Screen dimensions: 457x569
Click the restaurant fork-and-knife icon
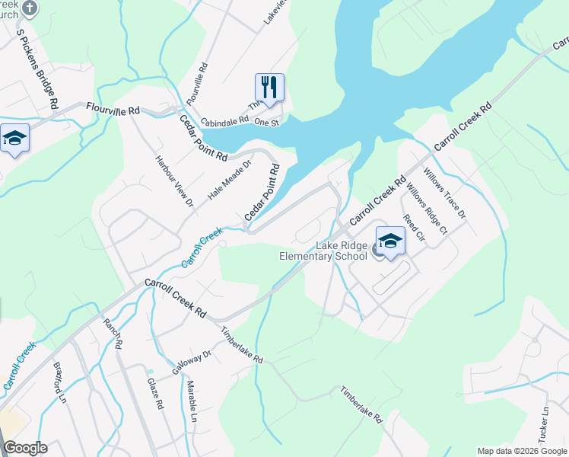coord(269,88)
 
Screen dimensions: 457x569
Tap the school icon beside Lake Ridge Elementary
coord(390,241)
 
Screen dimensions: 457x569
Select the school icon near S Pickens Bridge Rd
coord(14,139)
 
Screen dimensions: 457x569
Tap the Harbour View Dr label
coord(175,181)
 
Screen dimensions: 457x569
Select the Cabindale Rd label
coord(224,120)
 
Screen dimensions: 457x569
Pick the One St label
coord(267,122)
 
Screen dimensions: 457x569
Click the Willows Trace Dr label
coord(445,194)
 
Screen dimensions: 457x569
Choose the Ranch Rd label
coord(112,334)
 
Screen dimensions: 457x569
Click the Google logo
coord(25,448)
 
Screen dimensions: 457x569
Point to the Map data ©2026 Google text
coord(521,451)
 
